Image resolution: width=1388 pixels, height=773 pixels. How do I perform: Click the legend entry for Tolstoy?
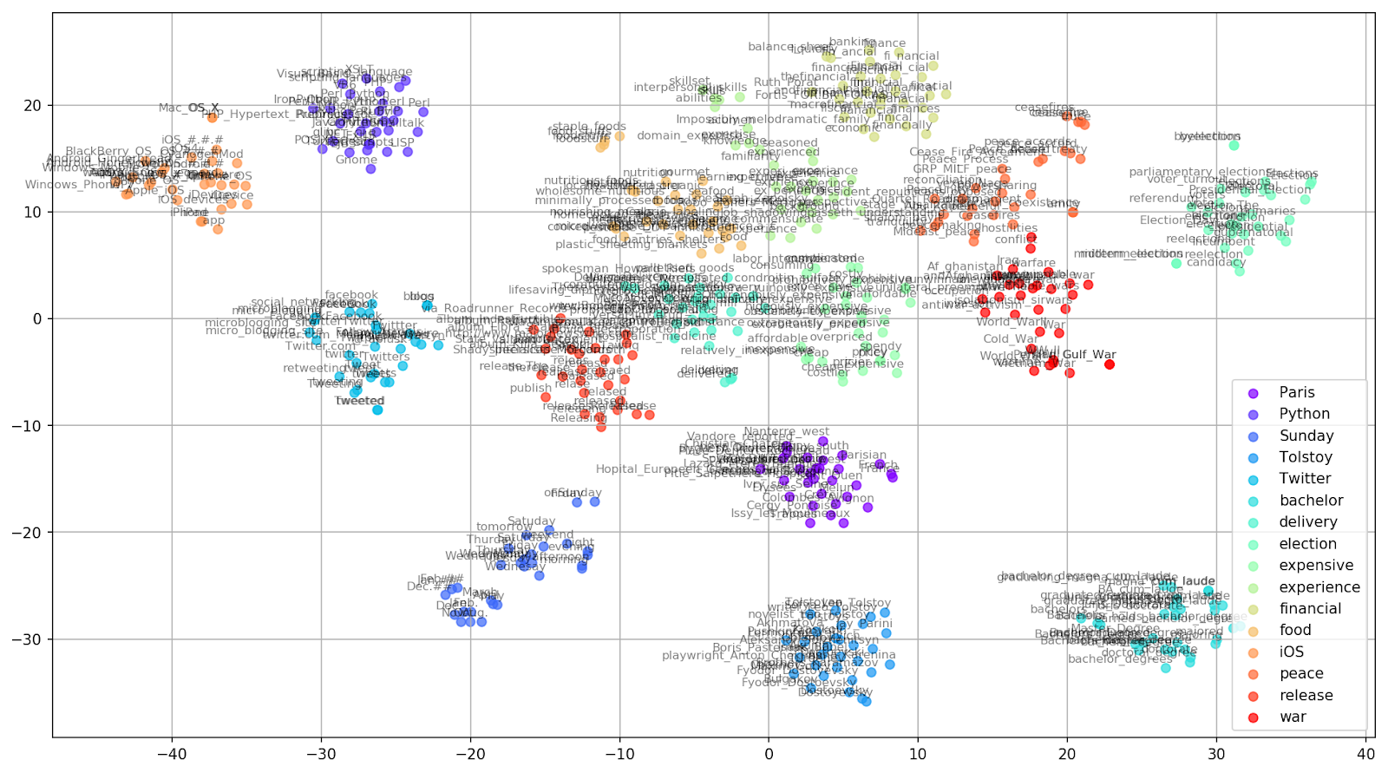tap(1305, 457)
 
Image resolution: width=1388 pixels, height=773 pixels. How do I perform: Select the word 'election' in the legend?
tap(1307, 544)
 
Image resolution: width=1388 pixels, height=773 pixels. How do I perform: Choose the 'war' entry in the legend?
tap(1293, 717)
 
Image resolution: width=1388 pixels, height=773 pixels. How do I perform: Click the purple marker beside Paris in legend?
tap(1253, 393)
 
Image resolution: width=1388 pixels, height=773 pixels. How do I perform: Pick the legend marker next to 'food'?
tap(1253, 631)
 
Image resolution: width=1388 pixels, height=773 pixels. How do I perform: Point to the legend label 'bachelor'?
tap(1311, 501)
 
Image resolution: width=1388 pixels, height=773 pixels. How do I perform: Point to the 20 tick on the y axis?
tap(32, 106)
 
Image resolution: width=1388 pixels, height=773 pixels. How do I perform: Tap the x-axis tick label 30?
tap(1216, 752)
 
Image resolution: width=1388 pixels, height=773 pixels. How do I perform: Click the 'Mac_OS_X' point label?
tap(188, 108)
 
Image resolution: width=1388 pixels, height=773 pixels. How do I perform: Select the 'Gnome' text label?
tap(357, 160)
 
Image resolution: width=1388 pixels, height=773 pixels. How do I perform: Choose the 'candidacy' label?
tap(1215, 262)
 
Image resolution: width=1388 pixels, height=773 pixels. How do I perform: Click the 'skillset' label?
tap(689, 82)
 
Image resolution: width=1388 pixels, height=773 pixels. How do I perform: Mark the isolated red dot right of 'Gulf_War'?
tap(1109, 364)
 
